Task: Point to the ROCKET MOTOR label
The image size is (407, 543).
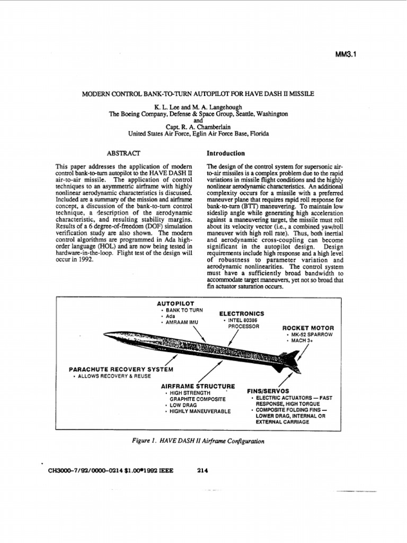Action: tap(308, 328)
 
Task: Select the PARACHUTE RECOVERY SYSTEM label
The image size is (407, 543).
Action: tap(121, 369)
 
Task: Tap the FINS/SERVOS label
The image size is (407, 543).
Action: tap(271, 390)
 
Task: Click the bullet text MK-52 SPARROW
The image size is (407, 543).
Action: tap(311, 335)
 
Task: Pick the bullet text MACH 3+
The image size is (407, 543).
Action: tap(301, 341)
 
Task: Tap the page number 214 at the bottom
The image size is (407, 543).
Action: tap(202, 470)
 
